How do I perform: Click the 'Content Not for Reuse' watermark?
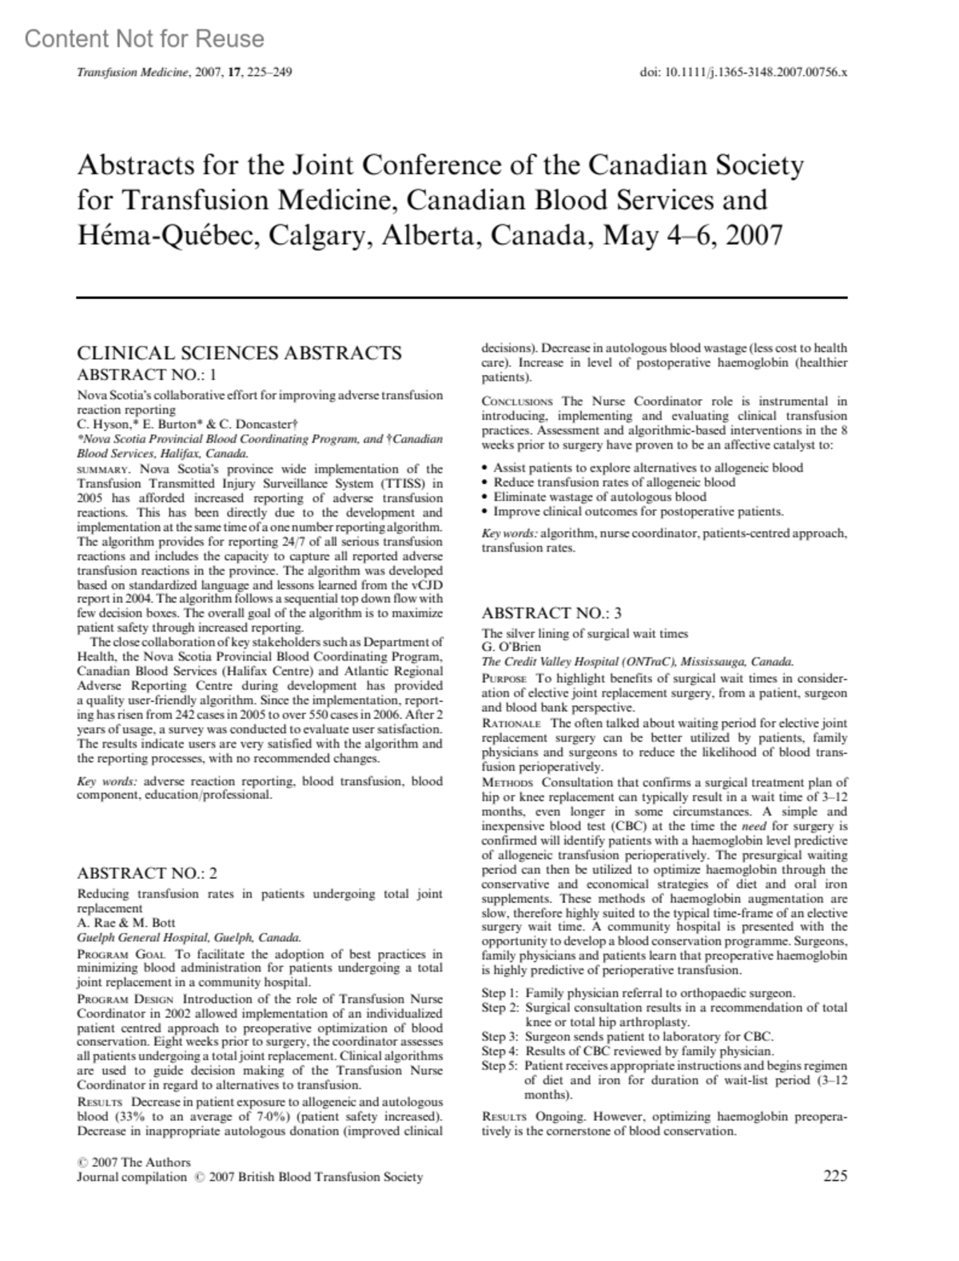(145, 38)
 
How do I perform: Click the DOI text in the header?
(743, 72)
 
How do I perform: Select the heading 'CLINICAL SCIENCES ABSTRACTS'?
(239, 353)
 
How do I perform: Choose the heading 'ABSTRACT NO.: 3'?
(551, 613)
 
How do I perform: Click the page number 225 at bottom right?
(834, 1175)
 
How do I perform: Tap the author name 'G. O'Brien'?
(511, 647)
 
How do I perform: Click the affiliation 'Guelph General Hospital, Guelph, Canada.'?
(189, 937)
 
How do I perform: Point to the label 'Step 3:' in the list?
(500, 1036)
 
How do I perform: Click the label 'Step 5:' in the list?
(500, 1065)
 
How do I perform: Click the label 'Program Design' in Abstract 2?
(125, 999)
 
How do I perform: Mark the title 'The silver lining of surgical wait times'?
(584, 633)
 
